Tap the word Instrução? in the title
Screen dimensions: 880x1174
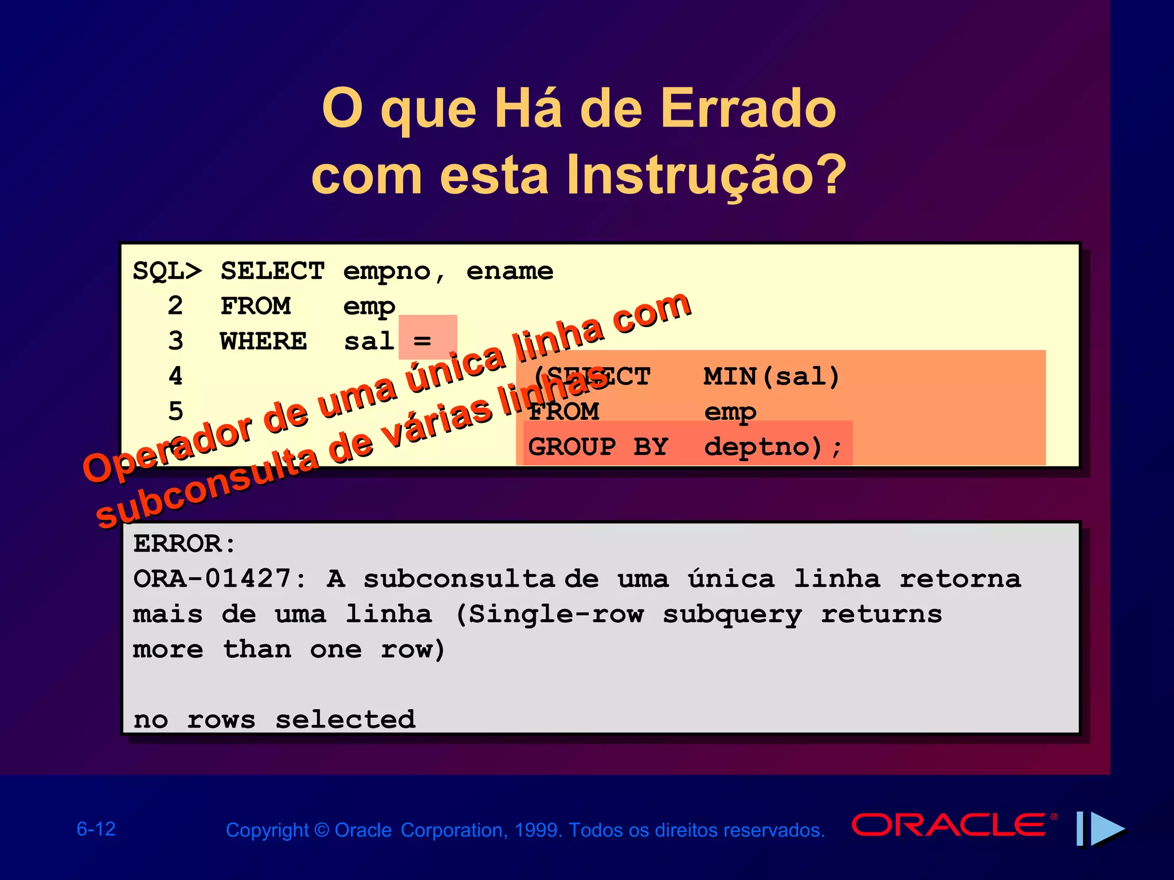click(706, 175)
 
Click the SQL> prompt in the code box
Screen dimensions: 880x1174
click(167, 271)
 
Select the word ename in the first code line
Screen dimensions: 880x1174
click(510, 271)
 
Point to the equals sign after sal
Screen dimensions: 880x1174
click(422, 341)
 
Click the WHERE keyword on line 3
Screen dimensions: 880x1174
click(264, 341)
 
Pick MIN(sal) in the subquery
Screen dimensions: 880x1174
click(772, 376)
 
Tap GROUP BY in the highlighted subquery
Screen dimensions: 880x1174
click(598, 446)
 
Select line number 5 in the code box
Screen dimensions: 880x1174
click(175, 411)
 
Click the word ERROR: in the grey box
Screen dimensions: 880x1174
click(185, 544)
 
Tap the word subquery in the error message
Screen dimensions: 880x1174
click(732, 615)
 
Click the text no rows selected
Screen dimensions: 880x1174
click(274, 720)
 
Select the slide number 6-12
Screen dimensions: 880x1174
click(96, 829)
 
